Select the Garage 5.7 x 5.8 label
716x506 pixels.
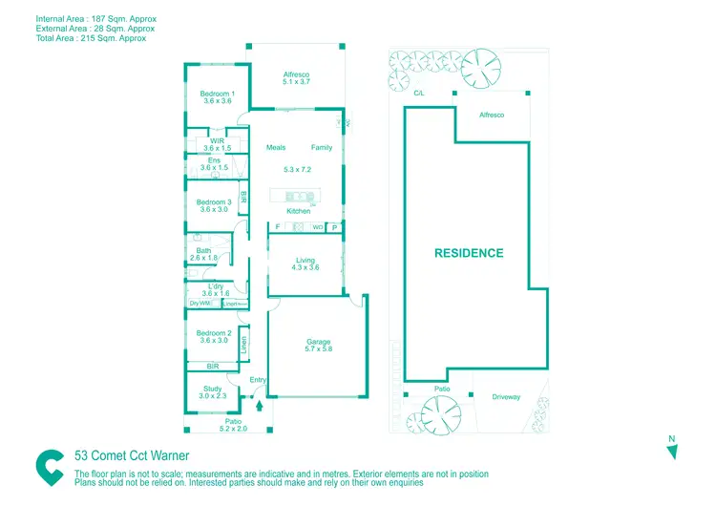pos(318,346)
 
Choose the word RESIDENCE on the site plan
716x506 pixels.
pos(469,253)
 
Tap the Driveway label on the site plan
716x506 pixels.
pos(506,397)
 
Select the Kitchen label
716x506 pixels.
pos(299,211)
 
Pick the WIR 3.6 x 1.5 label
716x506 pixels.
pos(217,144)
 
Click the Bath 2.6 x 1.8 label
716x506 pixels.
pos(203,254)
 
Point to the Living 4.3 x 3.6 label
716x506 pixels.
pos(305,264)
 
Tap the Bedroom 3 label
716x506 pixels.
pos(213,205)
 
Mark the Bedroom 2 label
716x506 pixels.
pos(213,336)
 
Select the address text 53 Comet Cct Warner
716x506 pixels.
pos(132,455)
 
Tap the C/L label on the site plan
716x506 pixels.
pos(418,94)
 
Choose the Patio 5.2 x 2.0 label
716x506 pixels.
pos(233,425)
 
